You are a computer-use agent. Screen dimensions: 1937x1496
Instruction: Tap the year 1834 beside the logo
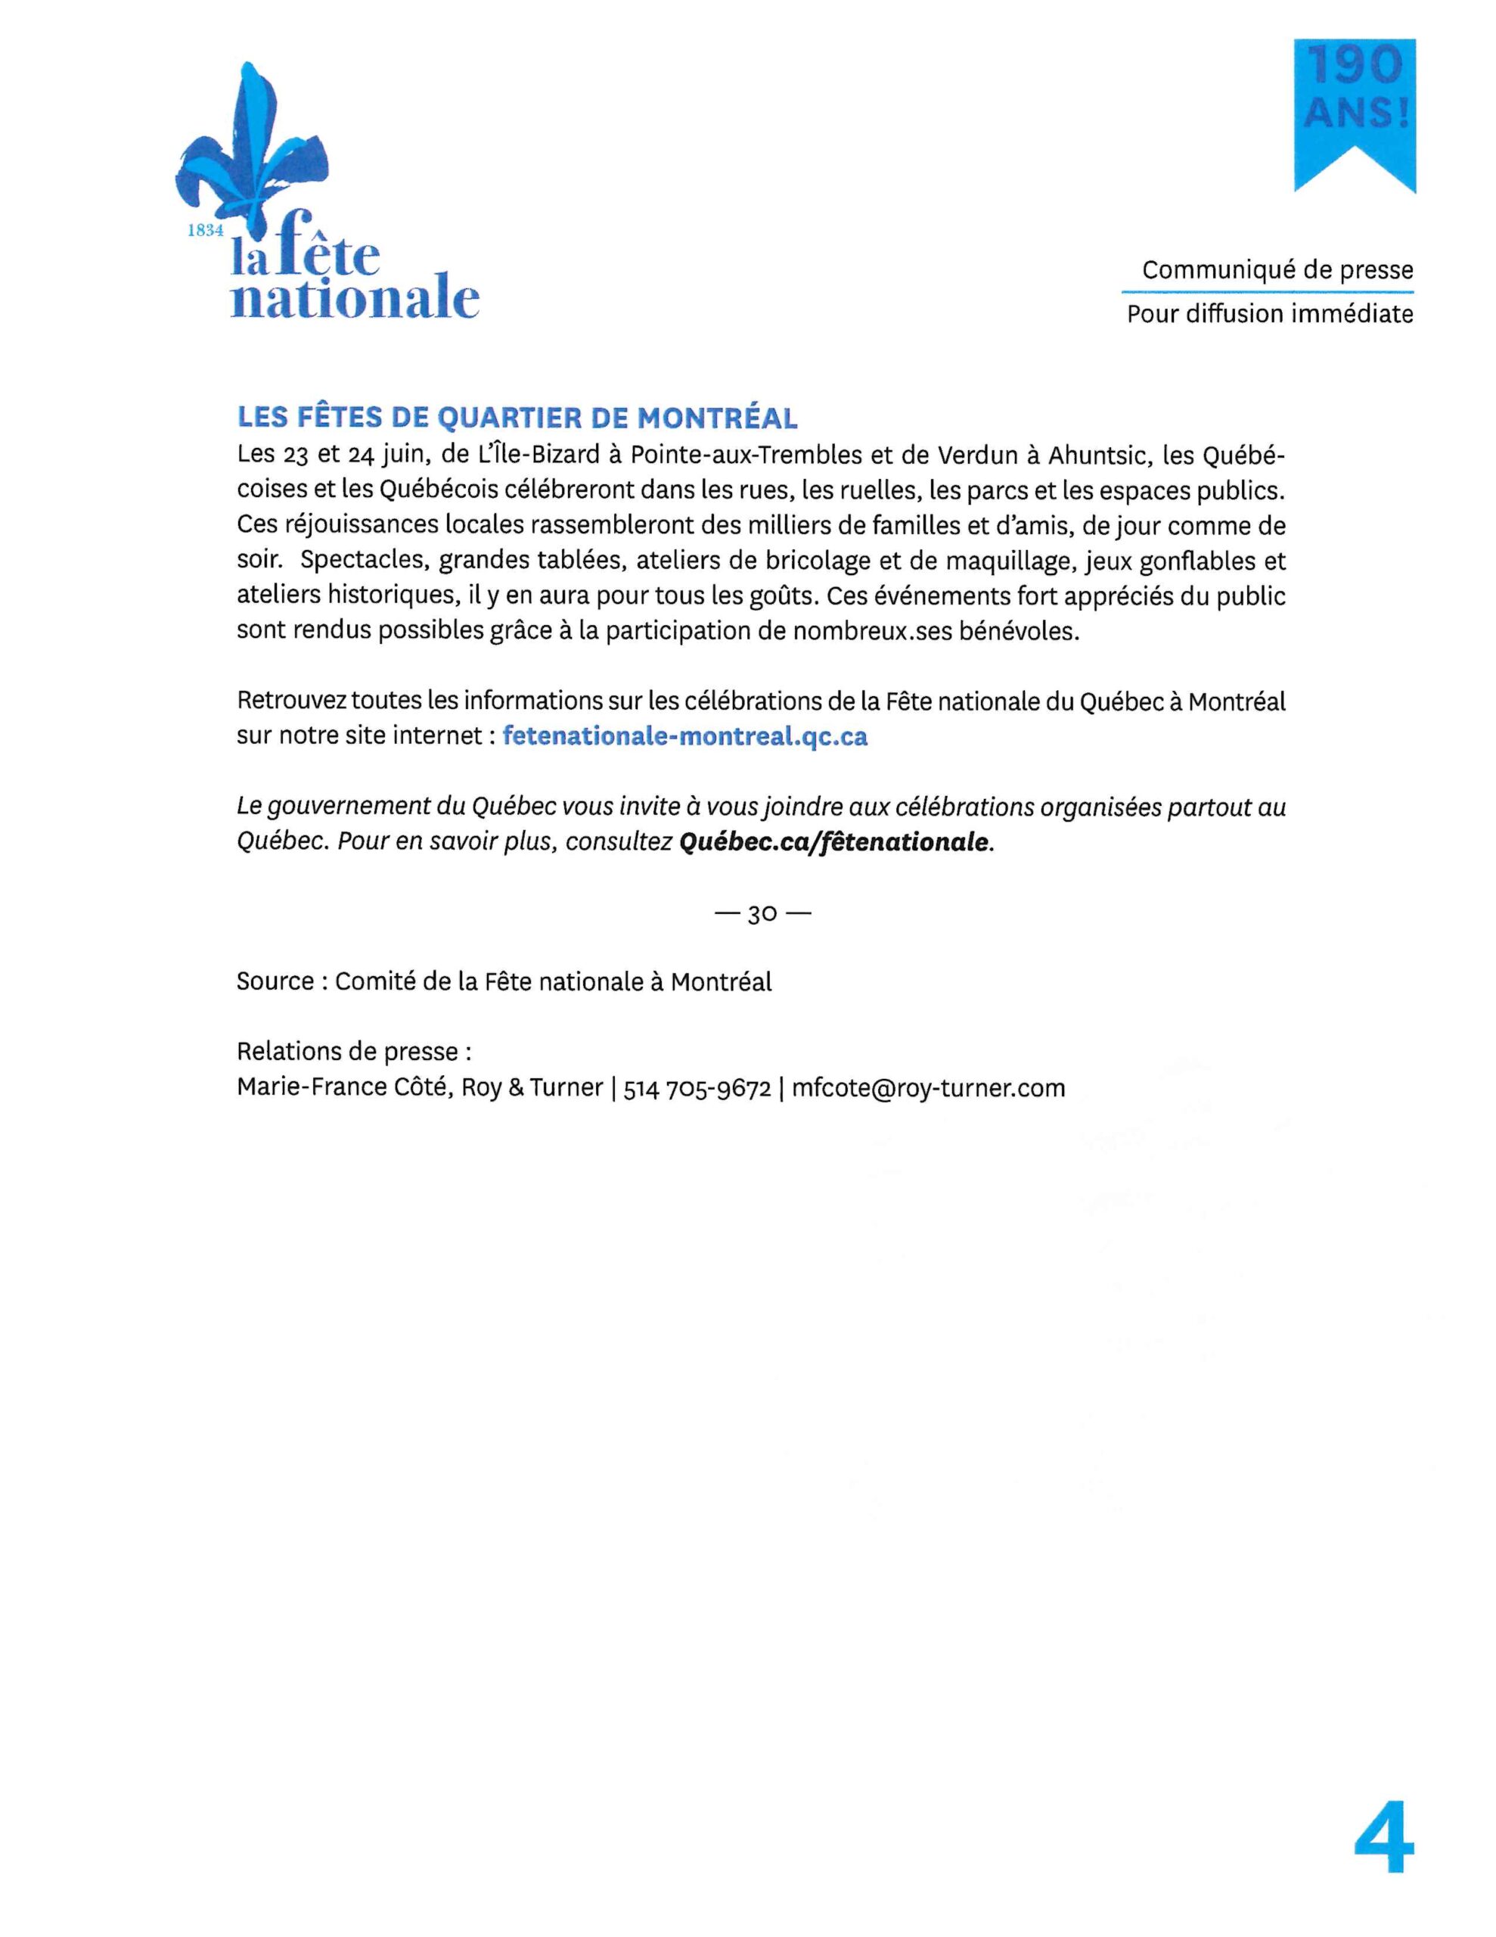coord(206,230)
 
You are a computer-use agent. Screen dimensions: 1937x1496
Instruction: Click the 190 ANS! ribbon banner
coord(1354,111)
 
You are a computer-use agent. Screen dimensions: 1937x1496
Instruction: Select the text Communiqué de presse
coord(1277,269)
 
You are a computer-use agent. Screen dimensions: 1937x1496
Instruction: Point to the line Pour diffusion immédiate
coord(1269,314)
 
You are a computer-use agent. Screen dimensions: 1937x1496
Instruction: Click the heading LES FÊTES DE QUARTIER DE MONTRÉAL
coord(517,417)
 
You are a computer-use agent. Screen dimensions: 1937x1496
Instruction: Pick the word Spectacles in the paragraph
coord(363,561)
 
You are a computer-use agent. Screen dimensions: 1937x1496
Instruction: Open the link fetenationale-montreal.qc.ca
coord(684,736)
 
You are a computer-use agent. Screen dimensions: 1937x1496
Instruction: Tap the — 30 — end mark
coord(762,913)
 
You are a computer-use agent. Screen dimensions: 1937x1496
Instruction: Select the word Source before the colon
coord(275,982)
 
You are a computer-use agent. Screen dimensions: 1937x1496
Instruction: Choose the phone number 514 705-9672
coord(697,1087)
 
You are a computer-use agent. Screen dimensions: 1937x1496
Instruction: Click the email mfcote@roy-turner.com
coord(927,1087)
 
